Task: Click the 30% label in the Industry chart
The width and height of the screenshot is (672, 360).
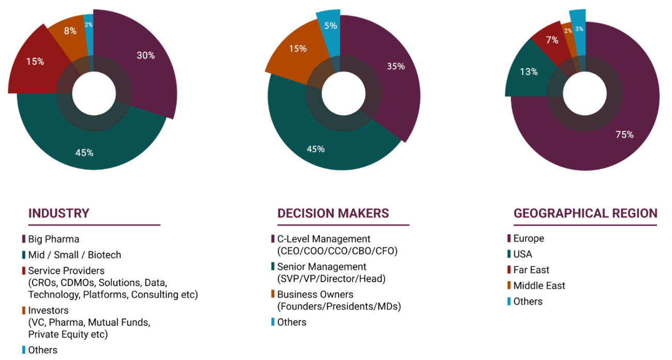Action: [x=146, y=55]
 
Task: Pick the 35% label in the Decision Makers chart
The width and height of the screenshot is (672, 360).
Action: [x=395, y=66]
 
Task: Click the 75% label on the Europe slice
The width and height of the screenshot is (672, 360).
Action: [x=624, y=134]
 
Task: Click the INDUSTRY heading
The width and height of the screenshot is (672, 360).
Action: [x=59, y=214]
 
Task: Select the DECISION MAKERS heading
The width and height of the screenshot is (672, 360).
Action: [x=333, y=214]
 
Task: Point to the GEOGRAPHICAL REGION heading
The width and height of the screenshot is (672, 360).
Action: [x=585, y=214]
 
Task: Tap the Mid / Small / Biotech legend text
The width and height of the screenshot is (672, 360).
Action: [x=75, y=255]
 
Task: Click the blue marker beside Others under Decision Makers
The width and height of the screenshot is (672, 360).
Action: [x=273, y=322]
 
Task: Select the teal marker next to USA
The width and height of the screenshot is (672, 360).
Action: [x=509, y=254]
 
